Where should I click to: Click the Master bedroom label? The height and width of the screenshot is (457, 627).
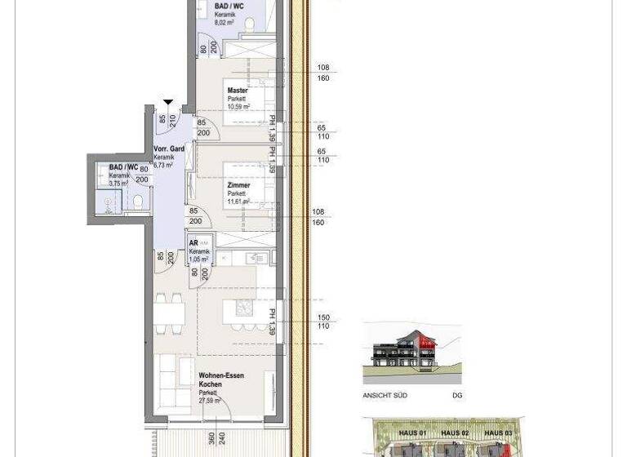pyautogui.click(x=238, y=91)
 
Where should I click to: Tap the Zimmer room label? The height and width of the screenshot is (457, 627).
pyautogui.click(x=238, y=185)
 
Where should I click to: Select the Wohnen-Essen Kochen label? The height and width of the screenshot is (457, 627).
pyautogui.click(x=221, y=379)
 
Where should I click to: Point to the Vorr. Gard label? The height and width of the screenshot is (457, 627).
pyautogui.click(x=169, y=149)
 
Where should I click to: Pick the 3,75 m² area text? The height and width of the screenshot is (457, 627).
pyautogui.click(x=119, y=184)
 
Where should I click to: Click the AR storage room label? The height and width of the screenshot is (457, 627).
pyautogui.click(x=194, y=243)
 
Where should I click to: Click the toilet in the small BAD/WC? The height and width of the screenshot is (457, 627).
pyautogui.click(x=138, y=200)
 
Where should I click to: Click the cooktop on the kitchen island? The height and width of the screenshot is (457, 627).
pyautogui.click(x=242, y=308)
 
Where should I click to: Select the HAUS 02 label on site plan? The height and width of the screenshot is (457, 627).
pyautogui.click(x=455, y=433)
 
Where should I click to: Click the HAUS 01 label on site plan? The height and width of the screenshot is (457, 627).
pyautogui.click(x=412, y=433)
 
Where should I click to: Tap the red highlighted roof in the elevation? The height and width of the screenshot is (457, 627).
pyautogui.click(x=424, y=338)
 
